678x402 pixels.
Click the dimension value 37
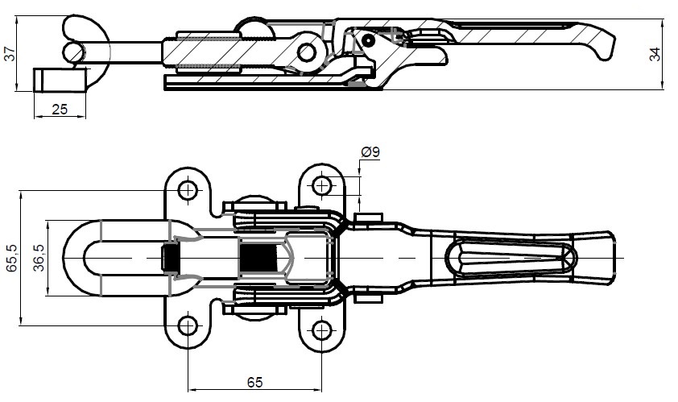pos(10,55)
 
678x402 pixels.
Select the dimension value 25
pos(59,110)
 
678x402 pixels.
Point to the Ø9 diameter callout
pos(371,151)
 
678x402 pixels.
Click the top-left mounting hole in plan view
pos(188,190)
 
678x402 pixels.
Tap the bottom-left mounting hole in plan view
pos(188,326)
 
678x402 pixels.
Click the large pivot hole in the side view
pos(306,53)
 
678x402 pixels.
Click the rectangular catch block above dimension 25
pos(60,81)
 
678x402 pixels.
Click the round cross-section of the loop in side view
pos(73,52)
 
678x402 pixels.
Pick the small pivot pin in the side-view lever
pos(368,38)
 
